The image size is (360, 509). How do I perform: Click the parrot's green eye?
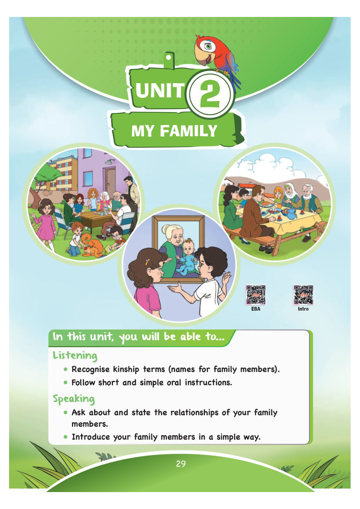tap(208, 47)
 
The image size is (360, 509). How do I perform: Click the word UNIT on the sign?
tap(160, 90)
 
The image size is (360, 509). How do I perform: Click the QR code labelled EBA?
tap(256, 295)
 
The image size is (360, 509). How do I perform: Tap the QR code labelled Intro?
tap(303, 295)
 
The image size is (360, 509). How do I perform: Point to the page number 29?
tap(181, 464)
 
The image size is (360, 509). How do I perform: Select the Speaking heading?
tap(74, 399)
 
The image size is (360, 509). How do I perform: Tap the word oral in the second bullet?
tap(174, 383)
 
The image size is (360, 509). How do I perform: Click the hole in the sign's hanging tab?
tap(169, 57)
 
